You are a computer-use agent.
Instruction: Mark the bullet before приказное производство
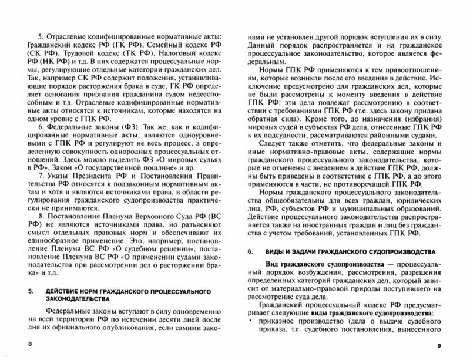(x=250, y=322)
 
